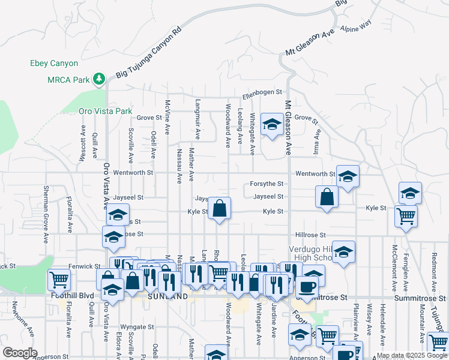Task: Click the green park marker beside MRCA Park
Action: [x=98, y=79]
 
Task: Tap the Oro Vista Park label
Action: [x=105, y=111]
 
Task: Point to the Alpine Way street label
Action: [x=356, y=26]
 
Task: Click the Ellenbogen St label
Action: [x=262, y=92]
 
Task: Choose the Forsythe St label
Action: [x=268, y=184]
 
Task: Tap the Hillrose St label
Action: [x=310, y=235]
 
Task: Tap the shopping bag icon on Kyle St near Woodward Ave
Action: [x=220, y=208]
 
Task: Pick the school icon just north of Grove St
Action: [x=273, y=124]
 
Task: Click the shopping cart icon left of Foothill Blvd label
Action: [x=59, y=278]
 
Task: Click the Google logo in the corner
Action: [x=20, y=353]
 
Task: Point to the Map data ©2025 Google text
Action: [x=412, y=355]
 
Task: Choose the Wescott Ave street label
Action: [x=83, y=143]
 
